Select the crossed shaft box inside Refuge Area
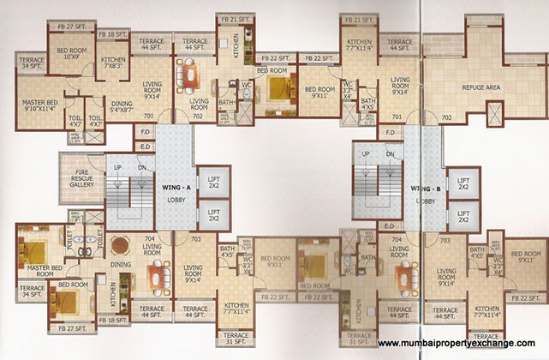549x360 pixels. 496,113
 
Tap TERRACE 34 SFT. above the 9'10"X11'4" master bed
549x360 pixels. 32,63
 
